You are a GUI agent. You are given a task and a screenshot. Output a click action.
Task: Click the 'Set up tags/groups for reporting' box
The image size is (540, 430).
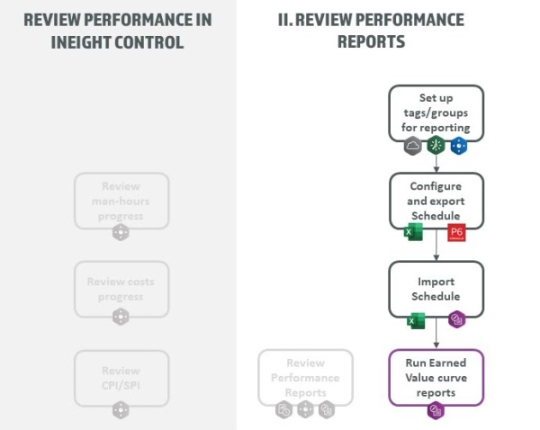436,112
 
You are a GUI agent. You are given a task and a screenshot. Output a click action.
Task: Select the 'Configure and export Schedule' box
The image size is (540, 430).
436,200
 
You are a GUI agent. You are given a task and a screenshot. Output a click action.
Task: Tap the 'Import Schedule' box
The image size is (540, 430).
436,288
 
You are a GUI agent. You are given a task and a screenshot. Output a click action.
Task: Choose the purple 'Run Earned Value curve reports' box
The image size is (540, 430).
436,376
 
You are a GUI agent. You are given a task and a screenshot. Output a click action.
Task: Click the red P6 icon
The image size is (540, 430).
456,233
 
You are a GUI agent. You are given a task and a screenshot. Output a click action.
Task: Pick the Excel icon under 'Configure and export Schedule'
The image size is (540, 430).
414,233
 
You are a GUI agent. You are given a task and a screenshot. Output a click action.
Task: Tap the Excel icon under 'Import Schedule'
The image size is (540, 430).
416,321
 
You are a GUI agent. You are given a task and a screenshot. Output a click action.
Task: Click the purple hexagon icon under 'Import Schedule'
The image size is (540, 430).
457,321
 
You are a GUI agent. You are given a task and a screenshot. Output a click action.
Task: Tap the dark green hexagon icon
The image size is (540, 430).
436,145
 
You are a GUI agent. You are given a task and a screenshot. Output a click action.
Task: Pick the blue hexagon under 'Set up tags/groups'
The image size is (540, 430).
459,145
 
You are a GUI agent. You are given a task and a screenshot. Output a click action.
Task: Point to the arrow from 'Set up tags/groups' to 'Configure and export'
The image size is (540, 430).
436,162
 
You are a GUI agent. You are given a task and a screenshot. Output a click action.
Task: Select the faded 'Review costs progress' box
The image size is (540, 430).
121,288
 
